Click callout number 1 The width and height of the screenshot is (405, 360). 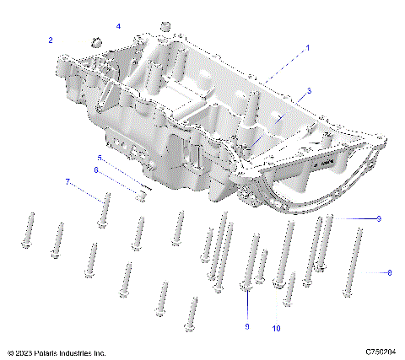[x=307, y=48]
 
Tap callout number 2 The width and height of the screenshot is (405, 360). [x=51, y=40]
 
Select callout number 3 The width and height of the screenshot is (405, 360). [x=310, y=90]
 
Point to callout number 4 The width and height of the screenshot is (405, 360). [x=118, y=27]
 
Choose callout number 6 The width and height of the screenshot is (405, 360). [x=95, y=170]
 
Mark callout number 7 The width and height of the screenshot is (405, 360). [x=68, y=181]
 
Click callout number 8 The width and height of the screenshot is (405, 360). [x=389, y=272]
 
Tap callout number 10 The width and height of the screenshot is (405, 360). [x=276, y=327]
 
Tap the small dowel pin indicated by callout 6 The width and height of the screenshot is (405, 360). [x=143, y=196]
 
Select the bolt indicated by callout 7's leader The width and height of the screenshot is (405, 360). [x=105, y=211]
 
